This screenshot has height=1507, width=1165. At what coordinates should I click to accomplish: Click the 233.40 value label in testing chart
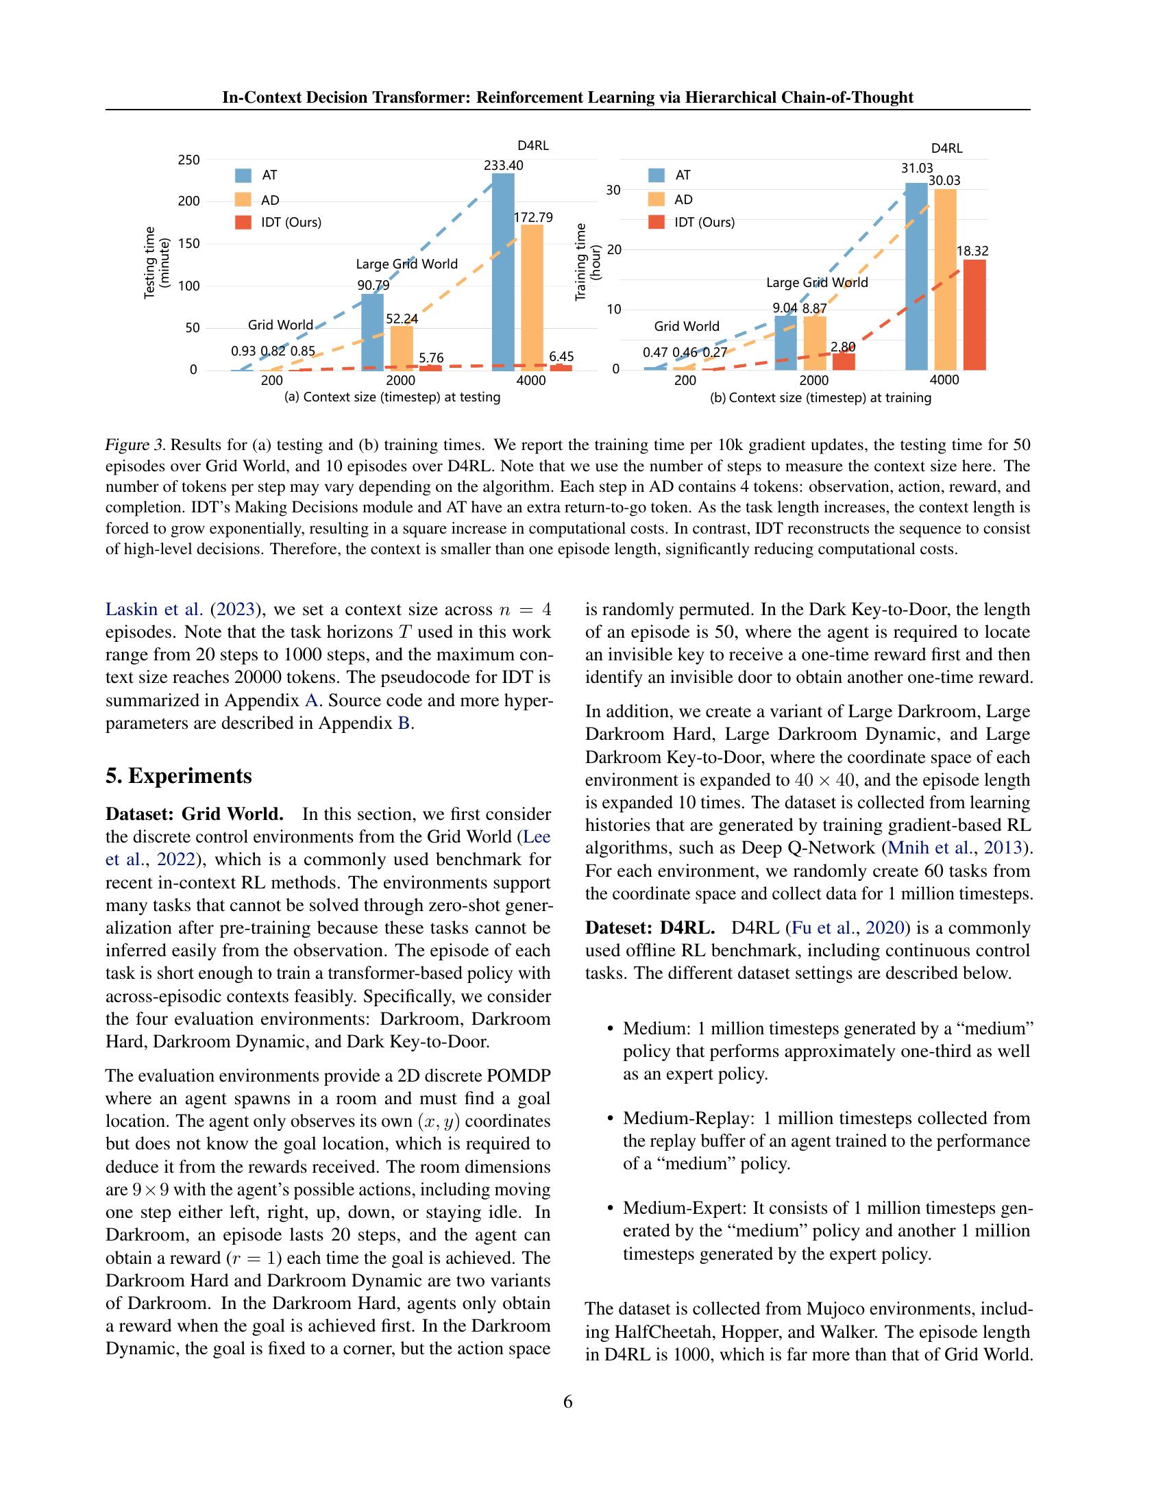pos(503,165)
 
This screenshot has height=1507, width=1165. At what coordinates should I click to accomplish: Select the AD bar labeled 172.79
pos(531,297)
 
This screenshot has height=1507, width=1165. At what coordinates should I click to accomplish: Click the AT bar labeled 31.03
pos(916,276)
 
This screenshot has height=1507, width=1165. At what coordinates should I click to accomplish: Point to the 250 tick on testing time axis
pos(188,160)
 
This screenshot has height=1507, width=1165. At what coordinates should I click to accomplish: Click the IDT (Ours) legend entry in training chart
pos(704,222)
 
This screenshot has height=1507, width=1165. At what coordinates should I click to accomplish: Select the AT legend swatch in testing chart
pos(244,175)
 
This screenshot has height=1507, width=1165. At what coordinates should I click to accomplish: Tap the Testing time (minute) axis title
pos(156,263)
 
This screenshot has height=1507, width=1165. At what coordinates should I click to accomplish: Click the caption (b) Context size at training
pos(820,398)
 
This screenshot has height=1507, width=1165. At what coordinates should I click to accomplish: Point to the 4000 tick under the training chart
pos(944,380)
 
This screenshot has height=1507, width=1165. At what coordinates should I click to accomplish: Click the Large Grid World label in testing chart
pos(406,264)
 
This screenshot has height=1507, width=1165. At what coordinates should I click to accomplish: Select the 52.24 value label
pos(402,319)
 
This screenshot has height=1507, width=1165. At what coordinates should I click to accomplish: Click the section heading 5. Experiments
pos(179,775)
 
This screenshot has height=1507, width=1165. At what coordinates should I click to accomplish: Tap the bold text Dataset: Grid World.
pos(194,814)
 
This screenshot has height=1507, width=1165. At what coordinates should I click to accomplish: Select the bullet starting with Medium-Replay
pos(826,1141)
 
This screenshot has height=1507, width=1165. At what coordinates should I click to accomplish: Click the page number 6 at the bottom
pos(568,1402)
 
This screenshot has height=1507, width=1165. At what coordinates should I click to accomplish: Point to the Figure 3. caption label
pos(135,445)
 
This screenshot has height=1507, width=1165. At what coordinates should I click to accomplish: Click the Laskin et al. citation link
pos(154,609)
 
